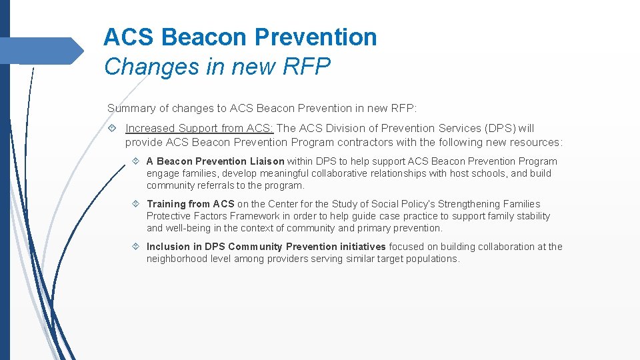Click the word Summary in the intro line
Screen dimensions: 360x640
click(x=129, y=108)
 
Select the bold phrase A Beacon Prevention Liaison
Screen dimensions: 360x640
click(x=215, y=161)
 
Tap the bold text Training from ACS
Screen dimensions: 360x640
click(x=190, y=204)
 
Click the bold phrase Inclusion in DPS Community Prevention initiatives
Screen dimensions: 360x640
click(x=266, y=247)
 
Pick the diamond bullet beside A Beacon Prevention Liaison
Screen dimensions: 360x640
click(x=135, y=161)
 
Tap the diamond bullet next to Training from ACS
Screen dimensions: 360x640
click(x=135, y=204)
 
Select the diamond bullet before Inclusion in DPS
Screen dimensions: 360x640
click(x=135, y=247)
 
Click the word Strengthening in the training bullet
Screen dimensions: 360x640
click(x=468, y=204)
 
